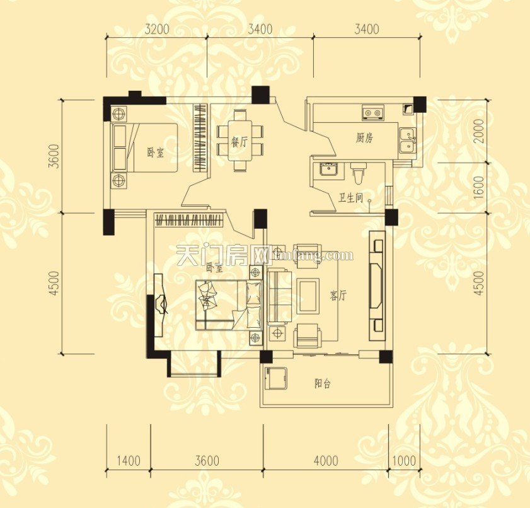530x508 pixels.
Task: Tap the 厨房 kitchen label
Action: pyautogui.click(x=364, y=138)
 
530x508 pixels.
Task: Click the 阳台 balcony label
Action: pyautogui.click(x=323, y=383)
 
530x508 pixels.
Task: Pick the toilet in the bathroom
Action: pyautogui.click(x=359, y=173)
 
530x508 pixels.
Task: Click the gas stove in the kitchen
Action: pyautogui.click(x=372, y=113)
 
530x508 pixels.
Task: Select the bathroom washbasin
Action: pyautogui.click(x=328, y=170)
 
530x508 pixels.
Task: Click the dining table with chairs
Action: pyautogui.click(x=239, y=141)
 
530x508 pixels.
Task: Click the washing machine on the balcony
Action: pyautogui.click(x=275, y=379)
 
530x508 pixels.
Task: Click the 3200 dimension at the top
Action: pyautogui.click(x=157, y=28)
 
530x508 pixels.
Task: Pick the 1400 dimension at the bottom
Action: pyautogui.click(x=129, y=461)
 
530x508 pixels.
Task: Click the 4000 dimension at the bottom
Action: pyautogui.click(x=325, y=461)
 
